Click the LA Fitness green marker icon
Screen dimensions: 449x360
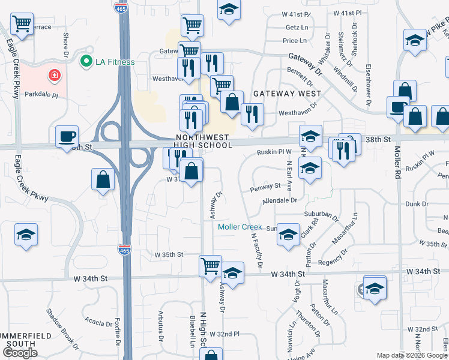pos(86,61)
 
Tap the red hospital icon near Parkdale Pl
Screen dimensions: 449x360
pos(54,75)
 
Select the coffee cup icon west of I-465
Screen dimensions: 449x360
pos(66,136)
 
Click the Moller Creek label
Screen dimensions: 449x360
pos(240,227)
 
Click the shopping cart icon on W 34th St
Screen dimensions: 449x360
pos(210,265)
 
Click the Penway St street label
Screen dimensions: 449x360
pos(265,187)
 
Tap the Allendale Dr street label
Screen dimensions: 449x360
pos(279,200)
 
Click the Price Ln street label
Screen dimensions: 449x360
pos(295,41)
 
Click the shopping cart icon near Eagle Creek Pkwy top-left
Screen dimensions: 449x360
pos(22,25)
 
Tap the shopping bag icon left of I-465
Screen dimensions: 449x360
pos(103,178)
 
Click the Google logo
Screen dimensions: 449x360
pos(20,353)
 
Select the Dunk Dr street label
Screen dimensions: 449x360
pos(417,204)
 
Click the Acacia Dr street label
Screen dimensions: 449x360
pos(95,321)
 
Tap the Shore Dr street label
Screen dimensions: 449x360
pos(65,41)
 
